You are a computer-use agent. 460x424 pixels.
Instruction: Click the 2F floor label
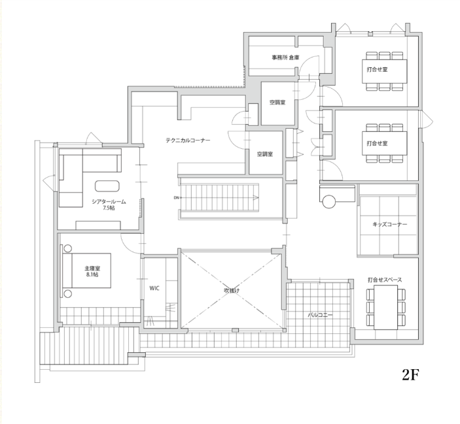click(410, 374)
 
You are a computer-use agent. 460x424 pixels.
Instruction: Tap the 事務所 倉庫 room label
click(285, 57)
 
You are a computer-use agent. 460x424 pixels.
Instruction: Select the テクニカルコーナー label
click(188, 140)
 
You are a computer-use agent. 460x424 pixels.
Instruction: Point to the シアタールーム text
click(109, 202)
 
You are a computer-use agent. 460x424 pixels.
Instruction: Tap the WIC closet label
click(154, 288)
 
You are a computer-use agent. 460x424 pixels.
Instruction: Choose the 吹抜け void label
click(232, 291)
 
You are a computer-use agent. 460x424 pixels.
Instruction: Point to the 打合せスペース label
click(385, 280)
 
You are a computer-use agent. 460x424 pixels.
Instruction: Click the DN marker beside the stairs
click(176, 198)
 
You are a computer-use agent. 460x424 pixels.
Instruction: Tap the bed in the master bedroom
click(86, 270)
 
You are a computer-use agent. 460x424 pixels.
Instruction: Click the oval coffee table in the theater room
click(107, 186)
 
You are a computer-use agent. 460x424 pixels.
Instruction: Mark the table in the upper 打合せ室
click(384, 71)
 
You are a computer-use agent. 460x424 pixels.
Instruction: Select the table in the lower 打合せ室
click(384, 143)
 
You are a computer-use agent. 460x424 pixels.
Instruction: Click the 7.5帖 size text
click(109, 208)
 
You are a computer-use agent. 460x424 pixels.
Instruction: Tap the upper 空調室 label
click(277, 103)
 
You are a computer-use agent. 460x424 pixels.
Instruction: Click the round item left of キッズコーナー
click(329, 201)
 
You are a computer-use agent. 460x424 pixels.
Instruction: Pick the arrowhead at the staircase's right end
click(256, 198)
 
